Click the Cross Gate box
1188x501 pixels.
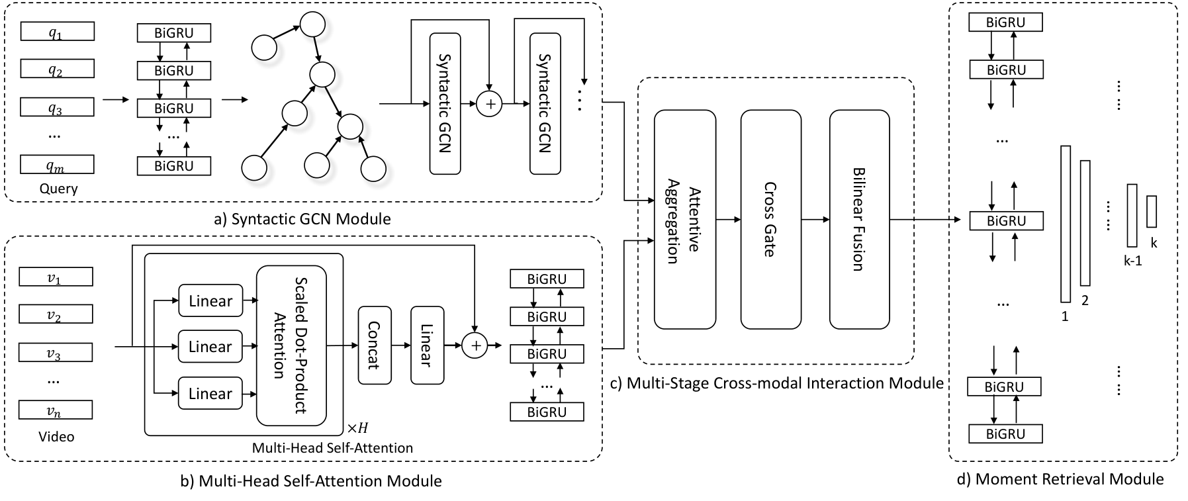[x=770, y=219]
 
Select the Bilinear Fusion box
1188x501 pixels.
[x=859, y=219]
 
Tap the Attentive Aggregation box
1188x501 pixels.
[x=685, y=219]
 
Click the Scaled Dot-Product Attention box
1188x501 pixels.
[x=291, y=345]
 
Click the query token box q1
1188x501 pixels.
[x=57, y=32]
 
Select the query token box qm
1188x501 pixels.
[x=57, y=164]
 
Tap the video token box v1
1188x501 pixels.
[x=56, y=277]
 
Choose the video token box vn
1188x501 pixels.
[x=56, y=410]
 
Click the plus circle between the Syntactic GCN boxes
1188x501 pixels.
[x=490, y=104]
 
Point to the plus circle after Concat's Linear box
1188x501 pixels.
[x=475, y=345]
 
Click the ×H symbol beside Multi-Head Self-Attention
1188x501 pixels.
[x=357, y=428]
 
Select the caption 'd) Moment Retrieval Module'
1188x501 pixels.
[x=1060, y=478]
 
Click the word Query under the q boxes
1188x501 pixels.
[x=58, y=189]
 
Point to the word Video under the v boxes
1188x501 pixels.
[x=56, y=436]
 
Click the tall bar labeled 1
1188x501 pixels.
[x=1066, y=224]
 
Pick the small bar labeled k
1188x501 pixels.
[x=1152, y=211]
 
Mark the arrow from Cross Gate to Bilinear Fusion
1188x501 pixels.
[x=815, y=219]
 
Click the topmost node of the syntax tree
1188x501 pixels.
[x=312, y=25]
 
